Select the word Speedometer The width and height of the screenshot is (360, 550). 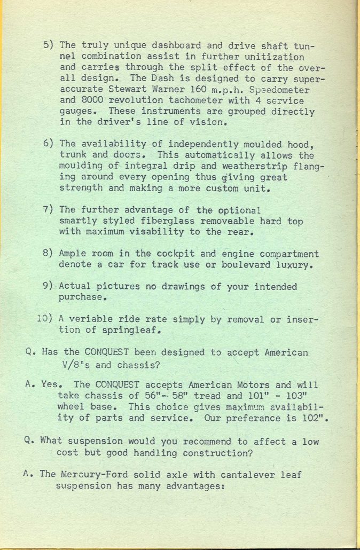point(280,89)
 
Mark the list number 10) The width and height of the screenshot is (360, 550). point(44,319)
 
